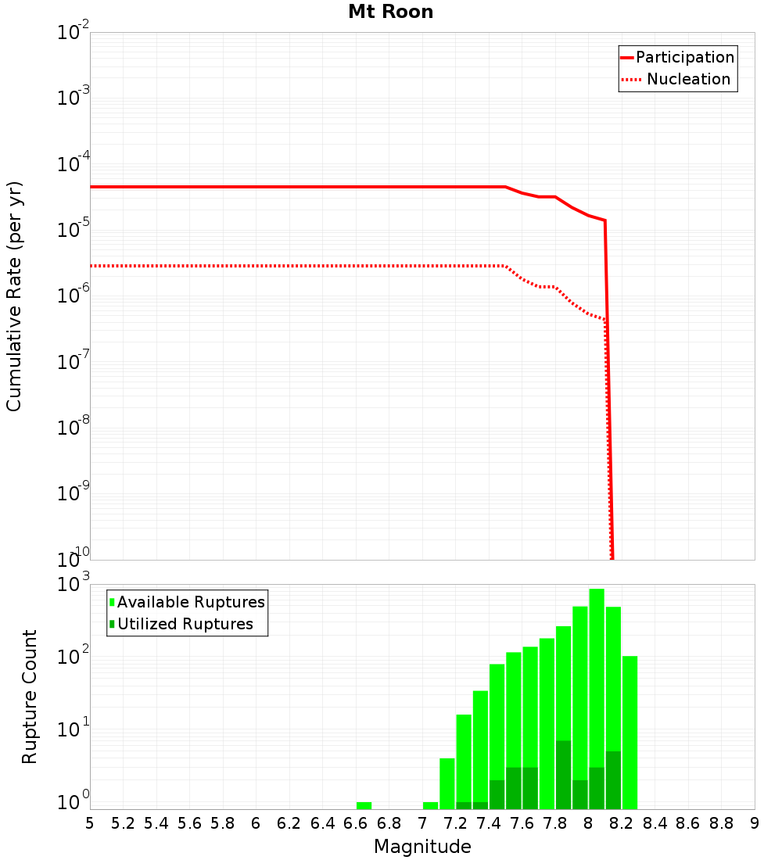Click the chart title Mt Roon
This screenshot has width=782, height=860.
pyautogui.click(x=390, y=12)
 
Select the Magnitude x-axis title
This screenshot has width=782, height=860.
pyautogui.click(x=422, y=847)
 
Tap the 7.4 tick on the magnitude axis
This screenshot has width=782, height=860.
pyautogui.click(x=489, y=822)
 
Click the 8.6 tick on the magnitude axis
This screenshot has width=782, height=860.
pyautogui.click(x=688, y=822)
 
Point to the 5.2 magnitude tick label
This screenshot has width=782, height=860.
pyautogui.click(x=123, y=822)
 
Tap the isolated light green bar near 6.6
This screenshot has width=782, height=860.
pyautogui.click(x=364, y=805)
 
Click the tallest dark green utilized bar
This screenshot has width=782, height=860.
pyautogui.click(x=563, y=774)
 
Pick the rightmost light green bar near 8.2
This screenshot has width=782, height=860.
pyautogui.click(x=630, y=731)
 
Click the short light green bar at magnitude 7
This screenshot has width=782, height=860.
pyautogui.click(x=430, y=805)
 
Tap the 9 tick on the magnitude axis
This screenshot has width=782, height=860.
pyautogui.click(x=755, y=822)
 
